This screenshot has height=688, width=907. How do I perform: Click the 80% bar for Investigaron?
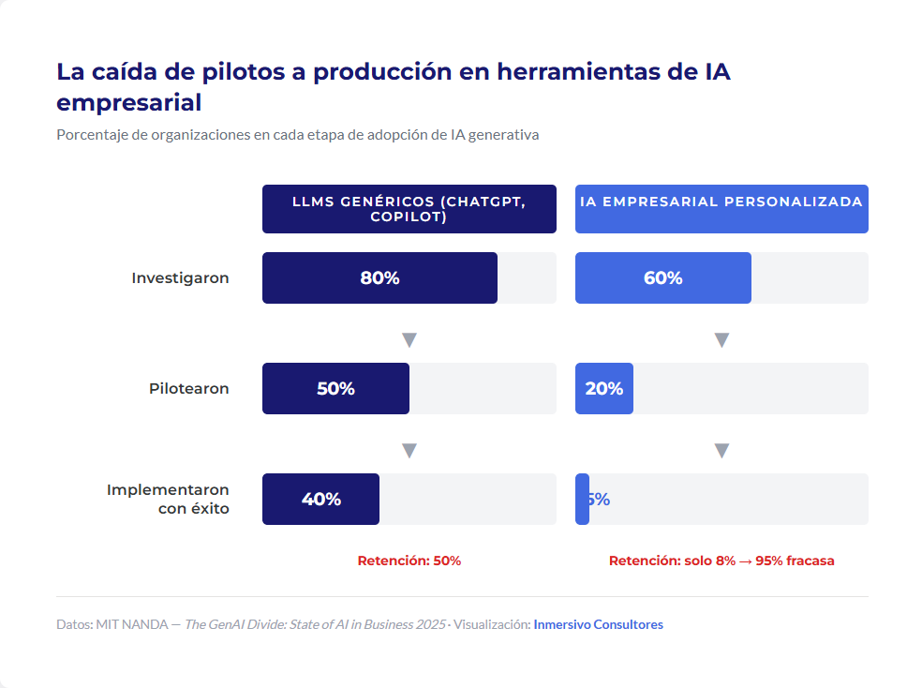(379, 278)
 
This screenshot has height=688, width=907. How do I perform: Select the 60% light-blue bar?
(662, 278)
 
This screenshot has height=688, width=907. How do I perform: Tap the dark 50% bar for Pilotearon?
(335, 388)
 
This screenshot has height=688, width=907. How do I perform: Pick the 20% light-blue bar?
(603, 388)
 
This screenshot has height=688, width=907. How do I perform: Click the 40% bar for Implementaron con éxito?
(320, 500)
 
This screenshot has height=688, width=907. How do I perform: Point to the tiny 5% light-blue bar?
(582, 500)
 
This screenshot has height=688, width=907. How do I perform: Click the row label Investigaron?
(180, 278)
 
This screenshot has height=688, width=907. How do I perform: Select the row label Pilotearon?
(188, 388)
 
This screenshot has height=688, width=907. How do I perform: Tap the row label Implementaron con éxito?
(168, 500)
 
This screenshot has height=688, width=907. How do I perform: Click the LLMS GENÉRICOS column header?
(409, 209)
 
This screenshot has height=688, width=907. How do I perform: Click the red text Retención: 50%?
(409, 561)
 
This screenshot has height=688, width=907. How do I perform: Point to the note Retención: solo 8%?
(721, 561)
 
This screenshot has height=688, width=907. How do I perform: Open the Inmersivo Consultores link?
(598, 624)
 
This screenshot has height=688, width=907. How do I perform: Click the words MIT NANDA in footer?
(131, 624)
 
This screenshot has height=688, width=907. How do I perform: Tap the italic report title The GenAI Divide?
(315, 624)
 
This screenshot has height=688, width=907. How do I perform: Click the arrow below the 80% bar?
(409, 339)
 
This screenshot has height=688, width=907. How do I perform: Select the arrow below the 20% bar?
(721, 450)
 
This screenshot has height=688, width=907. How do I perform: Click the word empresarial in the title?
(128, 102)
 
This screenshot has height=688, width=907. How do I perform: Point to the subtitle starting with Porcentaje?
(297, 134)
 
